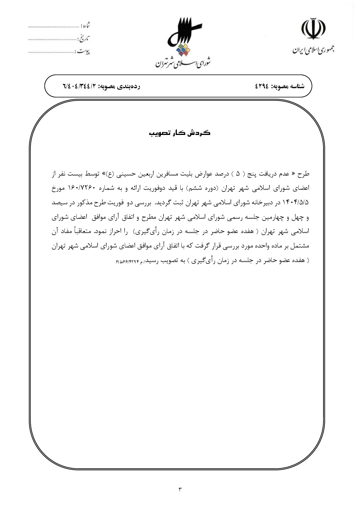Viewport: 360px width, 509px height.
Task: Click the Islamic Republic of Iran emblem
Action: tap(313, 29)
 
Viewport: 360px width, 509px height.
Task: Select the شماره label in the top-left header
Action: tap(85, 26)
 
